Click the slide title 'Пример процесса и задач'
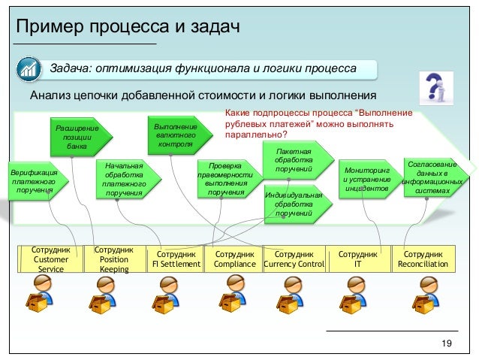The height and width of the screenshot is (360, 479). click(x=128, y=28)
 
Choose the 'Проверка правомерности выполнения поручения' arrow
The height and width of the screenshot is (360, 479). click(x=225, y=179)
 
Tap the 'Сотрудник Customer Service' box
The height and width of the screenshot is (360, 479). click(x=52, y=259)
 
